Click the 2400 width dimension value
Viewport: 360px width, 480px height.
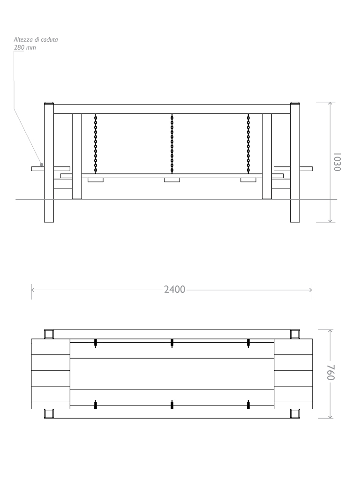pos(175,290)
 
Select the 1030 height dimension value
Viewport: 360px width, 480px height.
pos(337,162)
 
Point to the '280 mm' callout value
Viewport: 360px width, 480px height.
pos(25,47)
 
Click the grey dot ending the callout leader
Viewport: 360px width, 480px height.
pos(42,165)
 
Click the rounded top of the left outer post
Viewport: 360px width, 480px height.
pos(49,104)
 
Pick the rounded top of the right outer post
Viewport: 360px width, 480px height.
pos(295,104)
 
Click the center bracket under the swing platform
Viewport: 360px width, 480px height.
pos(172,180)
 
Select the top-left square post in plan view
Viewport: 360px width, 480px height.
pos(49,334)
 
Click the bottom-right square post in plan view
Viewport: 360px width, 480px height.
pos(295,413)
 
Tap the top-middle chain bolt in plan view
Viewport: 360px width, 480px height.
pos(172,343)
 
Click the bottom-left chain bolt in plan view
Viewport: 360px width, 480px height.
pos(96,405)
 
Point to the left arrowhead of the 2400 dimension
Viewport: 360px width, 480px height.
pos(32,290)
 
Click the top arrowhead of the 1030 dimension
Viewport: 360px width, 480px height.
pos(330,104)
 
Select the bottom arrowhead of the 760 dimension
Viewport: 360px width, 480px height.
pos(330,416)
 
